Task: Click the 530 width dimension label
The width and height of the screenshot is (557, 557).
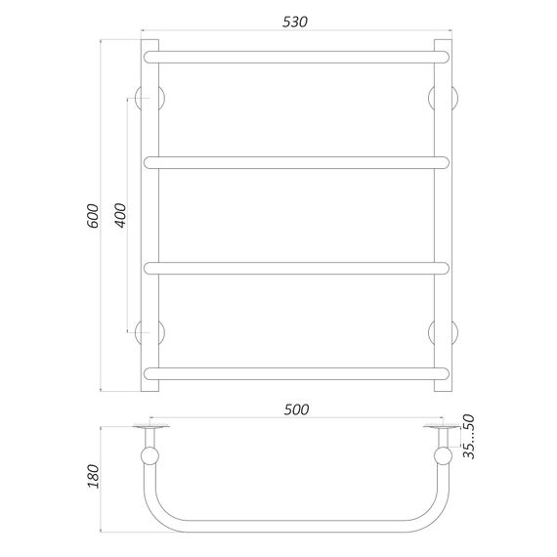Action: tap(295, 22)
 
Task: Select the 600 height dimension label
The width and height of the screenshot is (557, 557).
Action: tap(93, 216)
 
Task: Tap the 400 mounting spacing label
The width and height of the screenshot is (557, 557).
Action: tap(121, 215)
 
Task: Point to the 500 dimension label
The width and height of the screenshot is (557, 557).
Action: tap(296, 409)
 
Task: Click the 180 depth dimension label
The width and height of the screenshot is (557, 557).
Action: tap(94, 476)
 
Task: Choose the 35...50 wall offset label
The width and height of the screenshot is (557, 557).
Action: tap(469, 437)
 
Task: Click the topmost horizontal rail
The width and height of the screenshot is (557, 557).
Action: tap(296, 58)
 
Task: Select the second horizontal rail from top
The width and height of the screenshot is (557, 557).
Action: tap(296, 162)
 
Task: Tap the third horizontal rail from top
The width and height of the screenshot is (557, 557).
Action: tap(296, 268)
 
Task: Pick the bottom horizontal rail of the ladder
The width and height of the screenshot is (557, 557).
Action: tap(296, 373)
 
